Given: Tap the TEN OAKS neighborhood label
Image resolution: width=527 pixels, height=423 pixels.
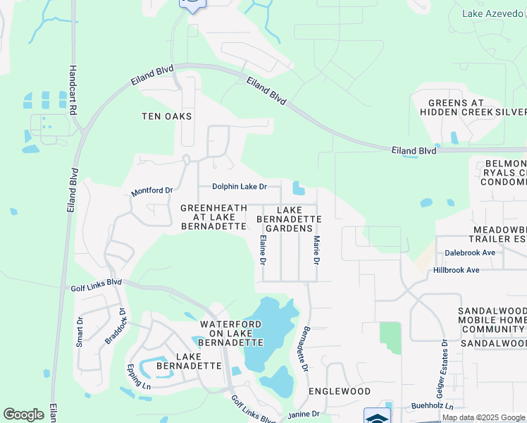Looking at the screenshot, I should pos(167,116).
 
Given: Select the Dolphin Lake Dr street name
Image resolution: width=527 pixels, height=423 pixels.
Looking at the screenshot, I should pos(240,187).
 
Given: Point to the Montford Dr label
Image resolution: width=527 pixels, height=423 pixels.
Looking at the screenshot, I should pos(151,191).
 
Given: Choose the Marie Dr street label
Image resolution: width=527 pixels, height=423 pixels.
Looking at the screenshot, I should pos(316,250).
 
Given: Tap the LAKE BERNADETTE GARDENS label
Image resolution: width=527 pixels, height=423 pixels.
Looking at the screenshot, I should pos(299,219).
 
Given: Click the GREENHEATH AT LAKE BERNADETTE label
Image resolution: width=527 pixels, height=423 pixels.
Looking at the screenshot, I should pos(213,217).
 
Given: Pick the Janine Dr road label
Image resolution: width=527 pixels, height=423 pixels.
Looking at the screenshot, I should pos(304,413).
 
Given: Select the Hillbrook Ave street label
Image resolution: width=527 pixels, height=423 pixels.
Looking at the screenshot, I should pos(456,270).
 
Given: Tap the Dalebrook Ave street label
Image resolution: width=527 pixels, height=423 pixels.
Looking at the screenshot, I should pos(470,252).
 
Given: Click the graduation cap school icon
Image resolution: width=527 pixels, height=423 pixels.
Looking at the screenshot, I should pos(377,417).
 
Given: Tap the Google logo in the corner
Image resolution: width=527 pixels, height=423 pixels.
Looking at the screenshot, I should pos(23,415).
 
